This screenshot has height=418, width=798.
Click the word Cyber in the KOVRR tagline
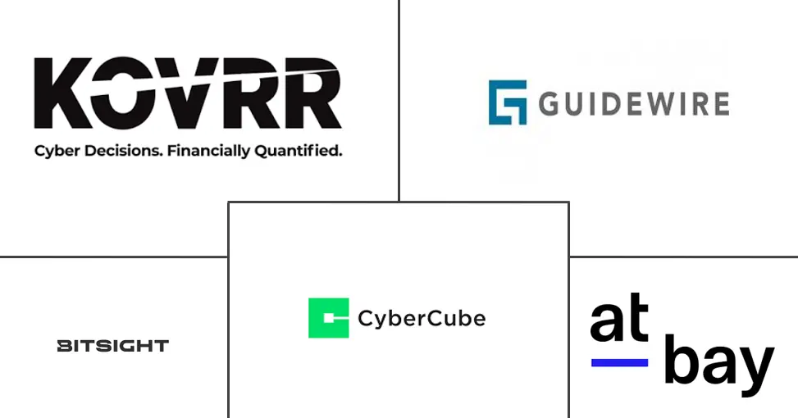(x=52, y=152)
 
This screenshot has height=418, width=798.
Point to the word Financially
(x=209, y=152)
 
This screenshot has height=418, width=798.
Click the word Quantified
(x=299, y=152)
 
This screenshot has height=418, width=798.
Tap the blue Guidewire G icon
(x=507, y=102)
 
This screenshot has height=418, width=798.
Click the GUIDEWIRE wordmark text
(x=634, y=104)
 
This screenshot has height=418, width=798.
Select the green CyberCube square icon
(x=328, y=318)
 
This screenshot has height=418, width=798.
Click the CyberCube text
(x=422, y=318)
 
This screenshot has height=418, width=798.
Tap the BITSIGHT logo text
(x=112, y=346)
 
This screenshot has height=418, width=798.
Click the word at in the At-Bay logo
(x=619, y=321)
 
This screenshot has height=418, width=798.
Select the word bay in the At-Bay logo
(x=718, y=362)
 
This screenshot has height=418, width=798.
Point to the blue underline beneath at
(x=619, y=362)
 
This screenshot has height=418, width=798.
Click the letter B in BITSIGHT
(x=63, y=346)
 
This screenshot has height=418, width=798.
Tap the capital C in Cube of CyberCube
(x=437, y=318)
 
